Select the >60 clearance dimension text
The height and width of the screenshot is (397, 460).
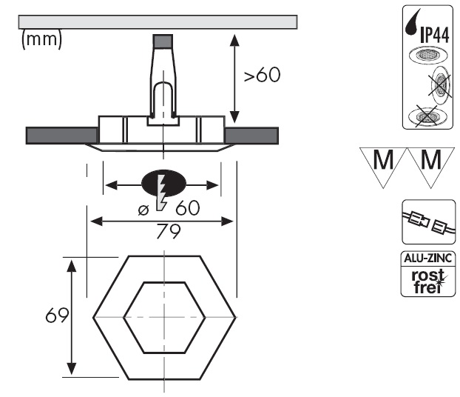tap(263, 76)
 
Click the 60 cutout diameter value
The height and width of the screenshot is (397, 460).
tap(188, 209)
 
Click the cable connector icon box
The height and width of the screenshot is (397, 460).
tap(427, 221)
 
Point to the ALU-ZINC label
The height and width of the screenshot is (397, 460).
tap(427, 259)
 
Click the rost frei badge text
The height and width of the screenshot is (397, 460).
tap(427, 281)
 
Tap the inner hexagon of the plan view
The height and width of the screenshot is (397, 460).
tap(163, 318)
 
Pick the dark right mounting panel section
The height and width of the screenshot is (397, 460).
tap(251, 136)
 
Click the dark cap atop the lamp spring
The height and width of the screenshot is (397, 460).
tap(163, 41)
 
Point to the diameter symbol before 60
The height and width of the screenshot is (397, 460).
tap(143, 210)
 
